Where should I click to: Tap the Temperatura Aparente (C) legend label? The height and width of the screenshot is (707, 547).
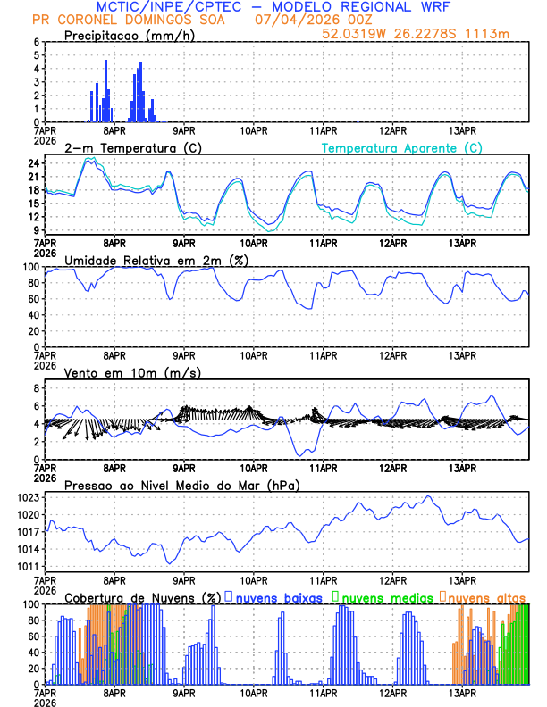[x=401, y=147]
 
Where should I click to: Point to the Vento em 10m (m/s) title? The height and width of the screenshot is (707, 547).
[x=132, y=372]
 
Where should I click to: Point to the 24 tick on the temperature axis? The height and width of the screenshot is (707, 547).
[x=34, y=163]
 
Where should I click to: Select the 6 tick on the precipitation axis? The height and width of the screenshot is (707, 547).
[x=37, y=42]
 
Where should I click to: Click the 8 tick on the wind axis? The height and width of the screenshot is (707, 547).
[x=37, y=388]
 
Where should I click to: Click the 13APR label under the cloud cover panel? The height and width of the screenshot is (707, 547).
[x=462, y=694]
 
